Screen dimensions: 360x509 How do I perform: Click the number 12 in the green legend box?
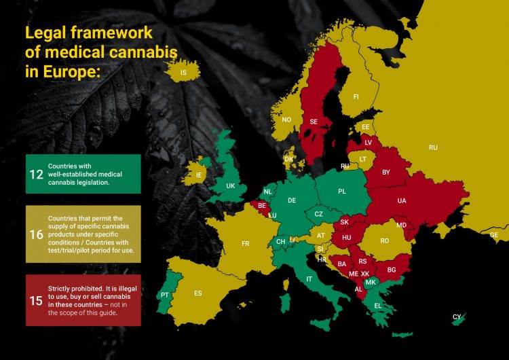(x=36, y=175)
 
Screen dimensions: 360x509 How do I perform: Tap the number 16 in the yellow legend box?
(x=36, y=234)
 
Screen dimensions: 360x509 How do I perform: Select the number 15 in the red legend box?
(x=36, y=300)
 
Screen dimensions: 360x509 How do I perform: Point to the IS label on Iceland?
(x=183, y=72)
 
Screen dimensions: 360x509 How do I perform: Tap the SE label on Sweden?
(x=314, y=122)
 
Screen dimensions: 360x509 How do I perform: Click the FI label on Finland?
(x=356, y=96)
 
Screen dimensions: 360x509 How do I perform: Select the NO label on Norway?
(x=286, y=120)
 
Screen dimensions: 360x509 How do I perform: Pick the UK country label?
(x=230, y=185)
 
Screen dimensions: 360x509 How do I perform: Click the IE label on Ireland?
(x=199, y=175)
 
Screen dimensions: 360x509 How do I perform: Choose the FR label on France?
(x=246, y=242)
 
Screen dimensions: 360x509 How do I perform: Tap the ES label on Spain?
(x=198, y=293)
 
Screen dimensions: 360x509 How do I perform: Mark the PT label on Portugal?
(x=164, y=295)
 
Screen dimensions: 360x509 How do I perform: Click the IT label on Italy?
(x=309, y=278)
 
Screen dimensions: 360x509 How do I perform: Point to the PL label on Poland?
(x=341, y=192)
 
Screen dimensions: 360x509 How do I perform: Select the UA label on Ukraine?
(x=402, y=201)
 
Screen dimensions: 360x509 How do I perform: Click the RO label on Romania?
(x=384, y=240)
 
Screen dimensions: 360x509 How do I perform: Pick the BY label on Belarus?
(x=386, y=173)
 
